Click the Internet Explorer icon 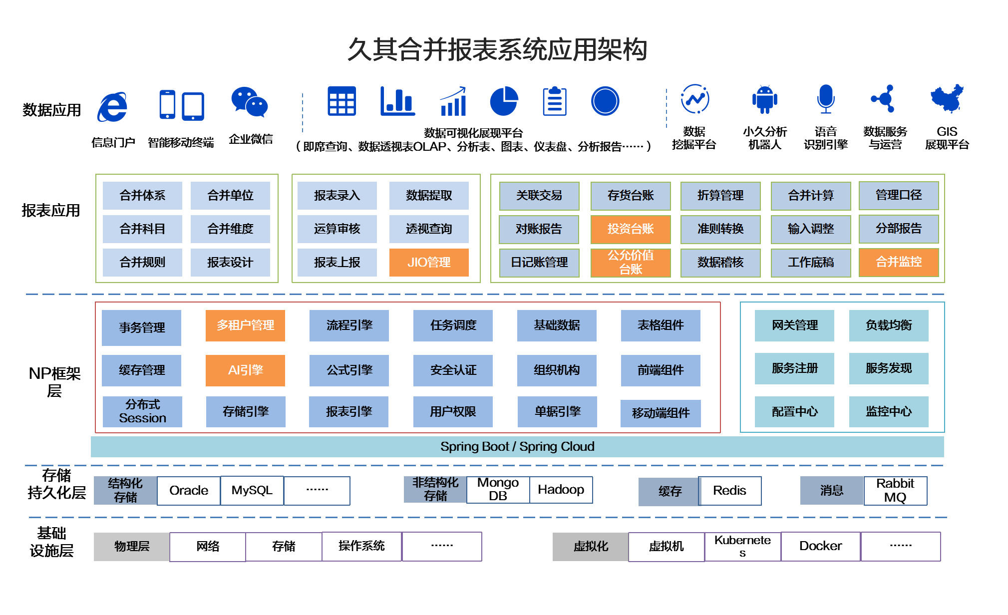(112, 106)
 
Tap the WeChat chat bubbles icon (249, 102)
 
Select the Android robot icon (764, 99)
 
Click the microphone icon (826, 99)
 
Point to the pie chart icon (504, 101)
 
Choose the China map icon (947, 98)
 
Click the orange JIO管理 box (429, 262)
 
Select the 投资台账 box (631, 229)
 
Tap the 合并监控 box (899, 262)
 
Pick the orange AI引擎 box (245, 370)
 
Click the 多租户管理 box (245, 325)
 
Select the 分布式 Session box (142, 411)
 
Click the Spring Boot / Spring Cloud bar (517, 447)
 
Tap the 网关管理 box (794, 325)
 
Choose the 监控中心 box (889, 411)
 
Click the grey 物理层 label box (132, 547)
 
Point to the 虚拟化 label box (591, 547)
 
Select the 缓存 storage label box (670, 492)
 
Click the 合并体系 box (142, 196)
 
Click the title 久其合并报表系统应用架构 (497, 50)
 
